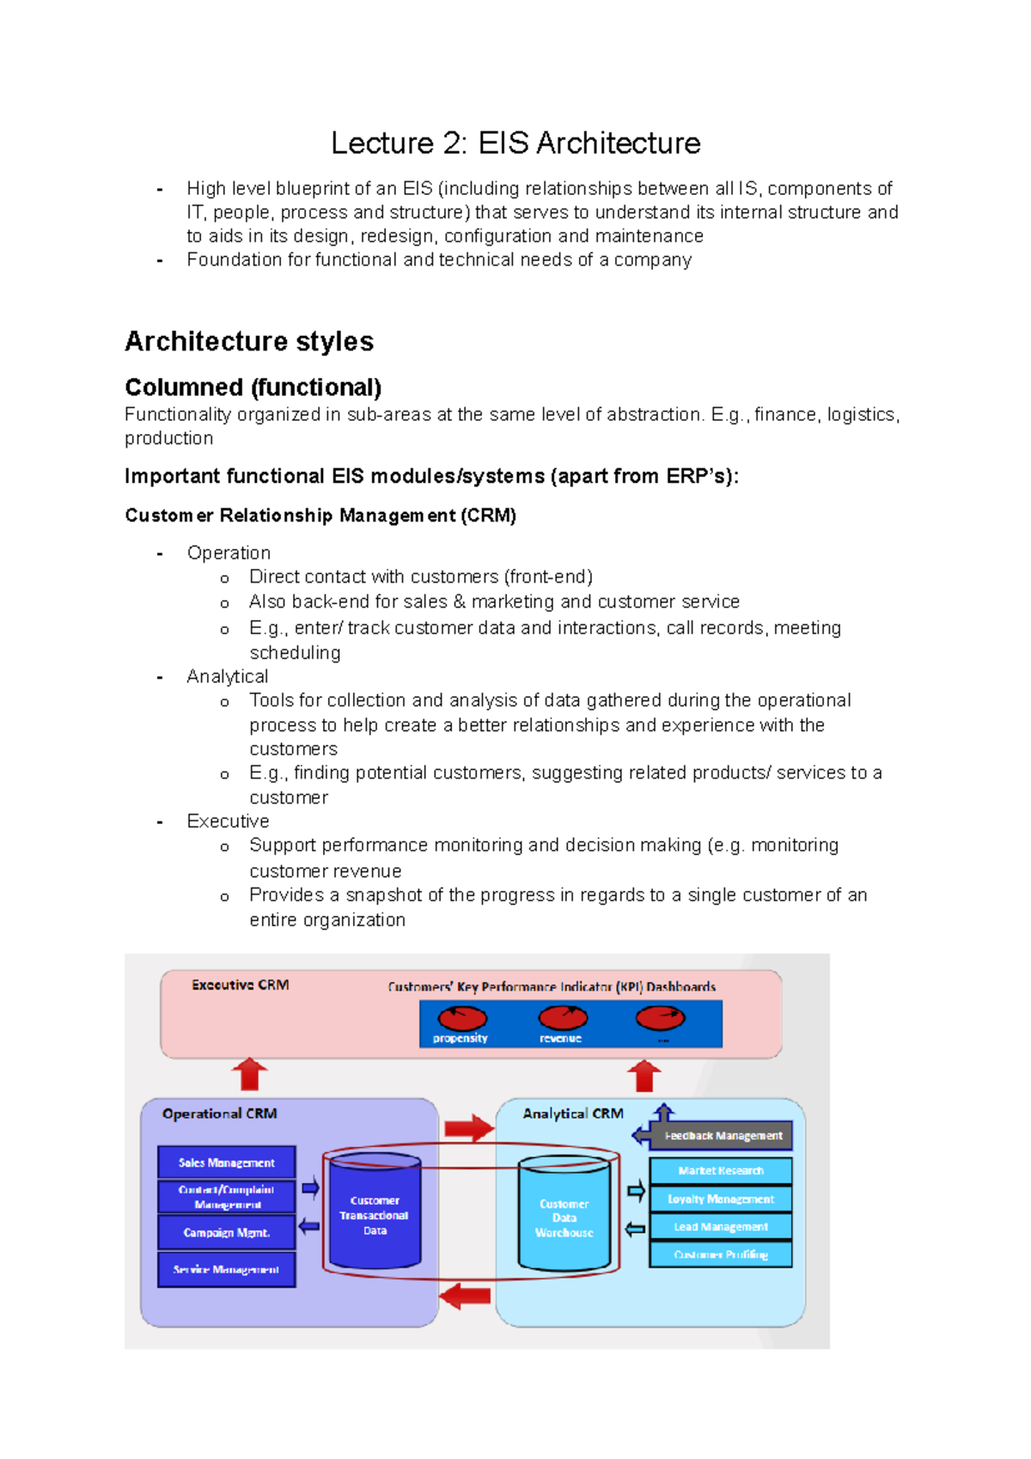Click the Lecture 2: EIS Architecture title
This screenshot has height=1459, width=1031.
tap(515, 143)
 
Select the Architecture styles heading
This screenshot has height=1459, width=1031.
tap(249, 341)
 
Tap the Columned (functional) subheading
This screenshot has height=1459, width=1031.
tap(253, 387)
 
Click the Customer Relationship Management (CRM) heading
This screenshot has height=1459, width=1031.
tap(320, 516)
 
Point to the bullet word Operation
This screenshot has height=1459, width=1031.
tap(229, 552)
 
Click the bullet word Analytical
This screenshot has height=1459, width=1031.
tap(227, 676)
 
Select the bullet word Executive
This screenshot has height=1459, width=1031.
tap(228, 821)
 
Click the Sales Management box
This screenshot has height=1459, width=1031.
tap(226, 1163)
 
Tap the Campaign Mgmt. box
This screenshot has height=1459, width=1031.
tap(226, 1232)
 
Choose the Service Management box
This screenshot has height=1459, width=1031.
tap(226, 1269)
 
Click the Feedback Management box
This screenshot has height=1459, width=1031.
tap(722, 1135)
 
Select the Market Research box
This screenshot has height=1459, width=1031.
tap(720, 1170)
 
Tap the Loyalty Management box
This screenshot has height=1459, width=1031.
tap(720, 1199)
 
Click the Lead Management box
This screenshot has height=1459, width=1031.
tap(720, 1227)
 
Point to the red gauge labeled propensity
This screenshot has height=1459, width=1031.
tap(462, 1019)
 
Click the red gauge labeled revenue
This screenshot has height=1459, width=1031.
tap(563, 1019)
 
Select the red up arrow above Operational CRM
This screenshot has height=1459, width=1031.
tap(250, 1075)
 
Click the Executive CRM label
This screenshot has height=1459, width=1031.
tap(240, 985)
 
